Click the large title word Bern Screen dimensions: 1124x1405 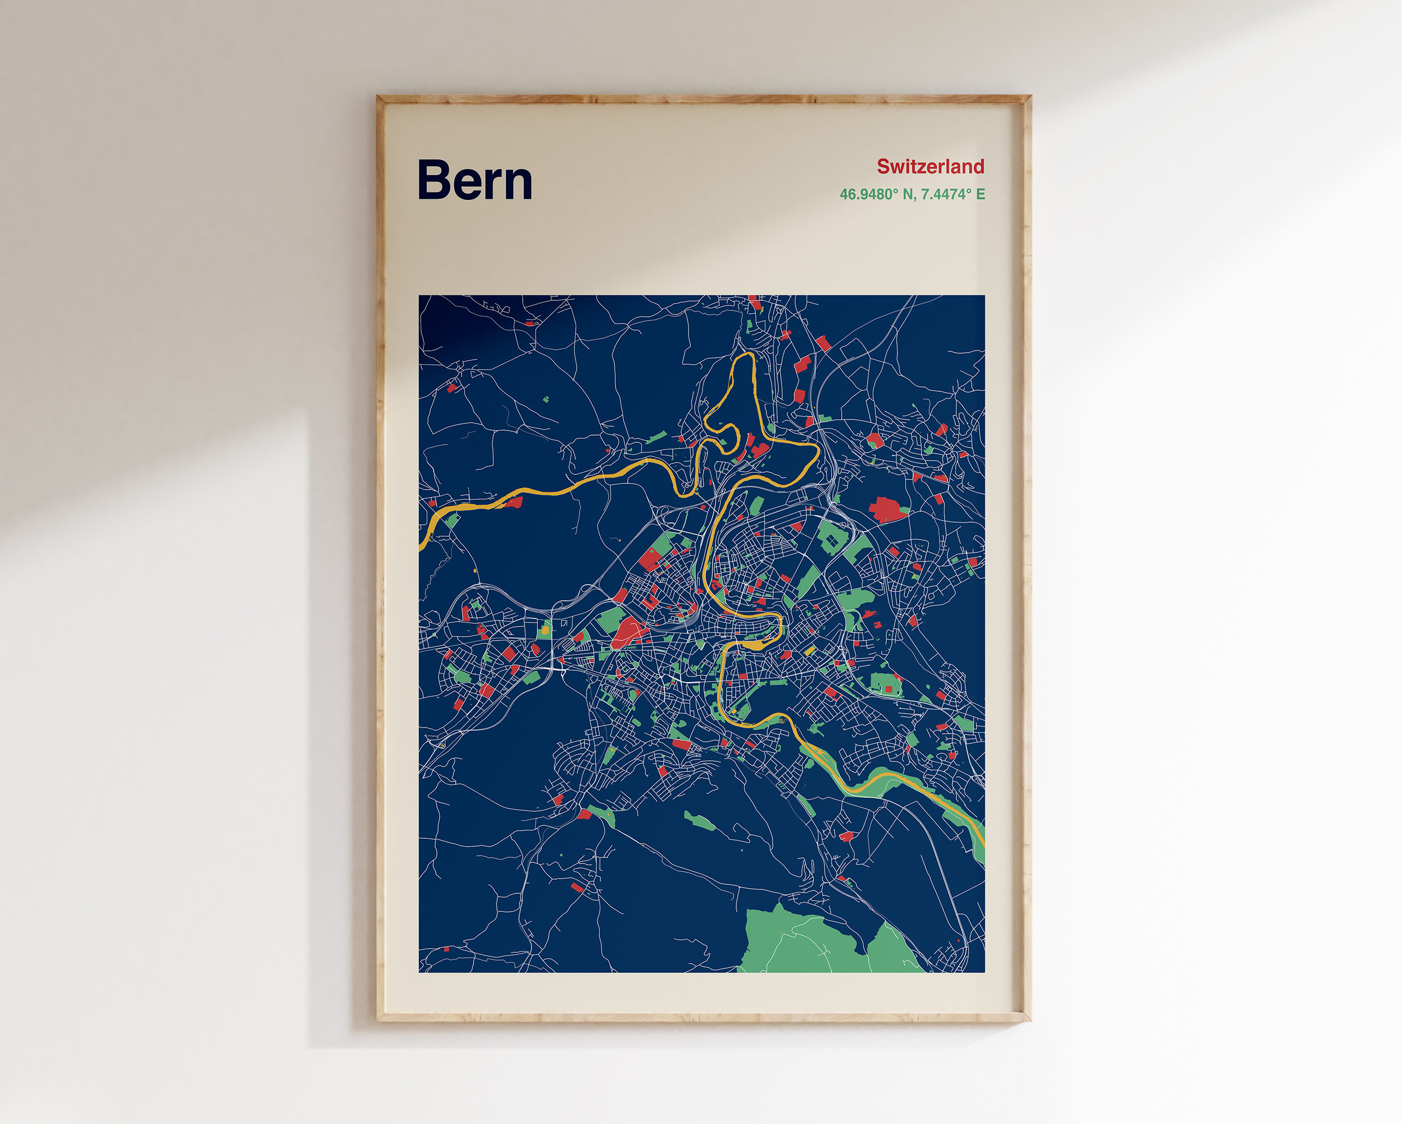[x=475, y=180]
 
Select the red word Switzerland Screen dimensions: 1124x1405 [x=930, y=167]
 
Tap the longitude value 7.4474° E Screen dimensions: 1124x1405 [x=954, y=194]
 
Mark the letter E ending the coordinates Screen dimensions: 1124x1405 [x=980, y=194]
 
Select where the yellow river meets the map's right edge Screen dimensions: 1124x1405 [x=982, y=841]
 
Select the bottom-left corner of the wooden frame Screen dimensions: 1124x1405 [x=378, y=1020]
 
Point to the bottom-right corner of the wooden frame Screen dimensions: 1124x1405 [x=1030, y=1020]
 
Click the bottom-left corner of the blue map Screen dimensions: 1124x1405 [x=419, y=971]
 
